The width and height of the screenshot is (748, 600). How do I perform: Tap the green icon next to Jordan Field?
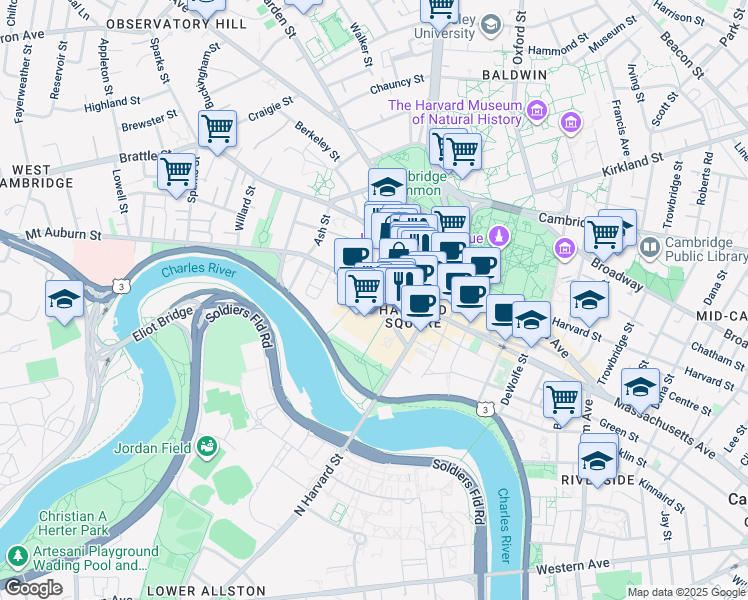tap(207, 445)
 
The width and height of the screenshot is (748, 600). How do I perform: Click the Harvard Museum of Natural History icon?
tap(537, 107)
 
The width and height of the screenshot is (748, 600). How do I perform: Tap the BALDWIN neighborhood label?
tap(514, 75)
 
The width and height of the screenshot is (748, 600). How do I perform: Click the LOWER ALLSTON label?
tap(206, 591)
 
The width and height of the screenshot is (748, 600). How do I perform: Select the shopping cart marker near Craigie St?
tap(217, 128)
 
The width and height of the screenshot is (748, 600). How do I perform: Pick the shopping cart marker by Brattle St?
tap(177, 170)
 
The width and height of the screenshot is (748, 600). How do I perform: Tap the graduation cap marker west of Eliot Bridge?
tap(64, 299)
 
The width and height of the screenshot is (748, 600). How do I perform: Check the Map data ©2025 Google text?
tap(686, 592)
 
